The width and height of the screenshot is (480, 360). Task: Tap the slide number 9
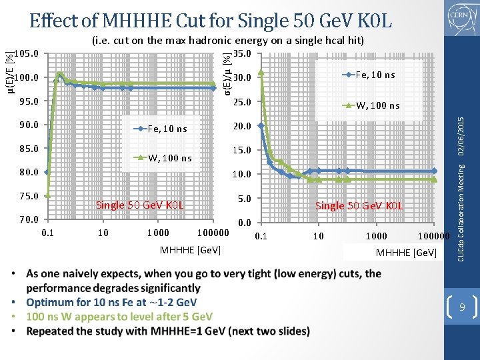click(x=461, y=308)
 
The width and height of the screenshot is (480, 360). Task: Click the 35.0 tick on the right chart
click(x=242, y=53)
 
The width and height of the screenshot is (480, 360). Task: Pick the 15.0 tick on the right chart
click(x=242, y=150)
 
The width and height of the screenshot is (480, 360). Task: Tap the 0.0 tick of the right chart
click(x=244, y=223)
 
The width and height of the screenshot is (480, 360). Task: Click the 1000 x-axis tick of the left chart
click(x=158, y=233)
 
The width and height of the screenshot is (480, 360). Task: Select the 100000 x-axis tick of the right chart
click(x=433, y=236)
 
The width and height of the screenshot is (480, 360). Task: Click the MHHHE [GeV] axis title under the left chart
click(x=191, y=250)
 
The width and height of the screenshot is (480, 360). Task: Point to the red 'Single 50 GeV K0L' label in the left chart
click(x=139, y=205)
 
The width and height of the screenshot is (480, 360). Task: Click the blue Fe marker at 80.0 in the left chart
click(x=47, y=172)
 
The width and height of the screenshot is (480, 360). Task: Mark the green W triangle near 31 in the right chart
click(x=261, y=72)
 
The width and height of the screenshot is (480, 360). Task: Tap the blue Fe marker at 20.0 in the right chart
click(x=261, y=125)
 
